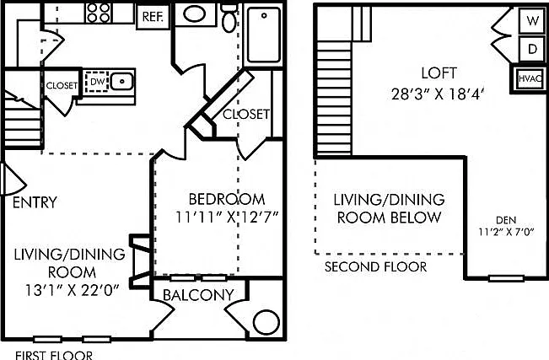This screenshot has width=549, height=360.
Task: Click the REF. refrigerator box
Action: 153,17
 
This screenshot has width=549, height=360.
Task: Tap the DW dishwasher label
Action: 97,82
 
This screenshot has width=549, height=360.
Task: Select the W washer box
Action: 532,21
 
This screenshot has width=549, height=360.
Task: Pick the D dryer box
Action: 532,49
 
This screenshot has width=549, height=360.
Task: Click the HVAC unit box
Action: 530,78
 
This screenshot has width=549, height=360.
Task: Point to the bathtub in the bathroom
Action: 264,35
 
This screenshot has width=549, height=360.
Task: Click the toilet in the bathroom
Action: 229,19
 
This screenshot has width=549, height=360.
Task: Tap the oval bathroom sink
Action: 195,14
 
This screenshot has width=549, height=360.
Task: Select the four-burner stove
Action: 99,13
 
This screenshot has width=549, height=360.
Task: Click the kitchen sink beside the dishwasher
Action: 121,82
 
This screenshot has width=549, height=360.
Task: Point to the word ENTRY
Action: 35,202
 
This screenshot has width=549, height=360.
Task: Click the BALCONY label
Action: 198,295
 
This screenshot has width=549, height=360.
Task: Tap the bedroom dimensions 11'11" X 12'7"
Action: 226,218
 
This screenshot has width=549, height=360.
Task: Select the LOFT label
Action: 439,73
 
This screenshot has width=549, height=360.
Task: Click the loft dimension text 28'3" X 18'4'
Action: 438,94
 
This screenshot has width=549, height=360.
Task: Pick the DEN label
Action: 506,220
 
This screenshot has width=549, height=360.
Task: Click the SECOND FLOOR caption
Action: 375,267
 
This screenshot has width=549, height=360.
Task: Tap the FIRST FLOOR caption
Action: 54,355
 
